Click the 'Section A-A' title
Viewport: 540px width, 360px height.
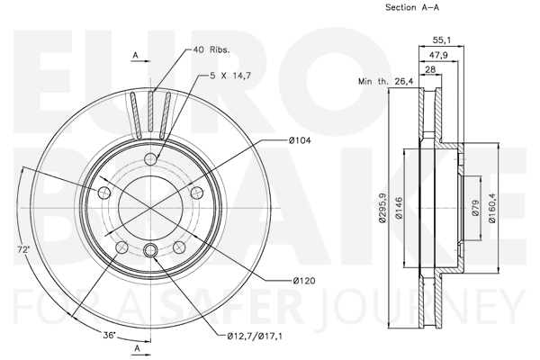[x=412, y=7]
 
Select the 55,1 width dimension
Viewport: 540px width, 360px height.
[x=442, y=40]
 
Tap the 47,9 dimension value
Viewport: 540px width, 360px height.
[x=438, y=55]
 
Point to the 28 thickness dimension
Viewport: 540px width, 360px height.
[x=430, y=69]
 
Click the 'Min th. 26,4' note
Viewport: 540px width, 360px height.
[x=386, y=82]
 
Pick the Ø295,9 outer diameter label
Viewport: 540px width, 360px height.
[x=382, y=208]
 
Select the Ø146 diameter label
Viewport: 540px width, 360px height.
[x=399, y=208]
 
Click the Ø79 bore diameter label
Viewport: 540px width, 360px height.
[x=475, y=208]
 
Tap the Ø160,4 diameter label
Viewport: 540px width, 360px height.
[x=492, y=208]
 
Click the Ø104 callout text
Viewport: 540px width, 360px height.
[x=300, y=140]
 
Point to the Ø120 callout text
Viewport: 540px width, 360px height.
[x=304, y=281]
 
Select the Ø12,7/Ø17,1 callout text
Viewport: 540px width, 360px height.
[x=255, y=336]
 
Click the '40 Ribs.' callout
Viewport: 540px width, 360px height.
[x=211, y=49]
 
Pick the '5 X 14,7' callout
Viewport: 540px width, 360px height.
[x=230, y=75]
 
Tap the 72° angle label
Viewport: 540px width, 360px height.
[x=23, y=250]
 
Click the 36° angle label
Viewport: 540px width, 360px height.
[x=109, y=335]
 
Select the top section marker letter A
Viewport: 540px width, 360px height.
[x=136, y=55]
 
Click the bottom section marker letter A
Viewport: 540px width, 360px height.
[x=138, y=348]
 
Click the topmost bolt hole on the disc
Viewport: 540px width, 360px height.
[x=150, y=159]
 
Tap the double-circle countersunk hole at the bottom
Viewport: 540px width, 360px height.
[x=150, y=249]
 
